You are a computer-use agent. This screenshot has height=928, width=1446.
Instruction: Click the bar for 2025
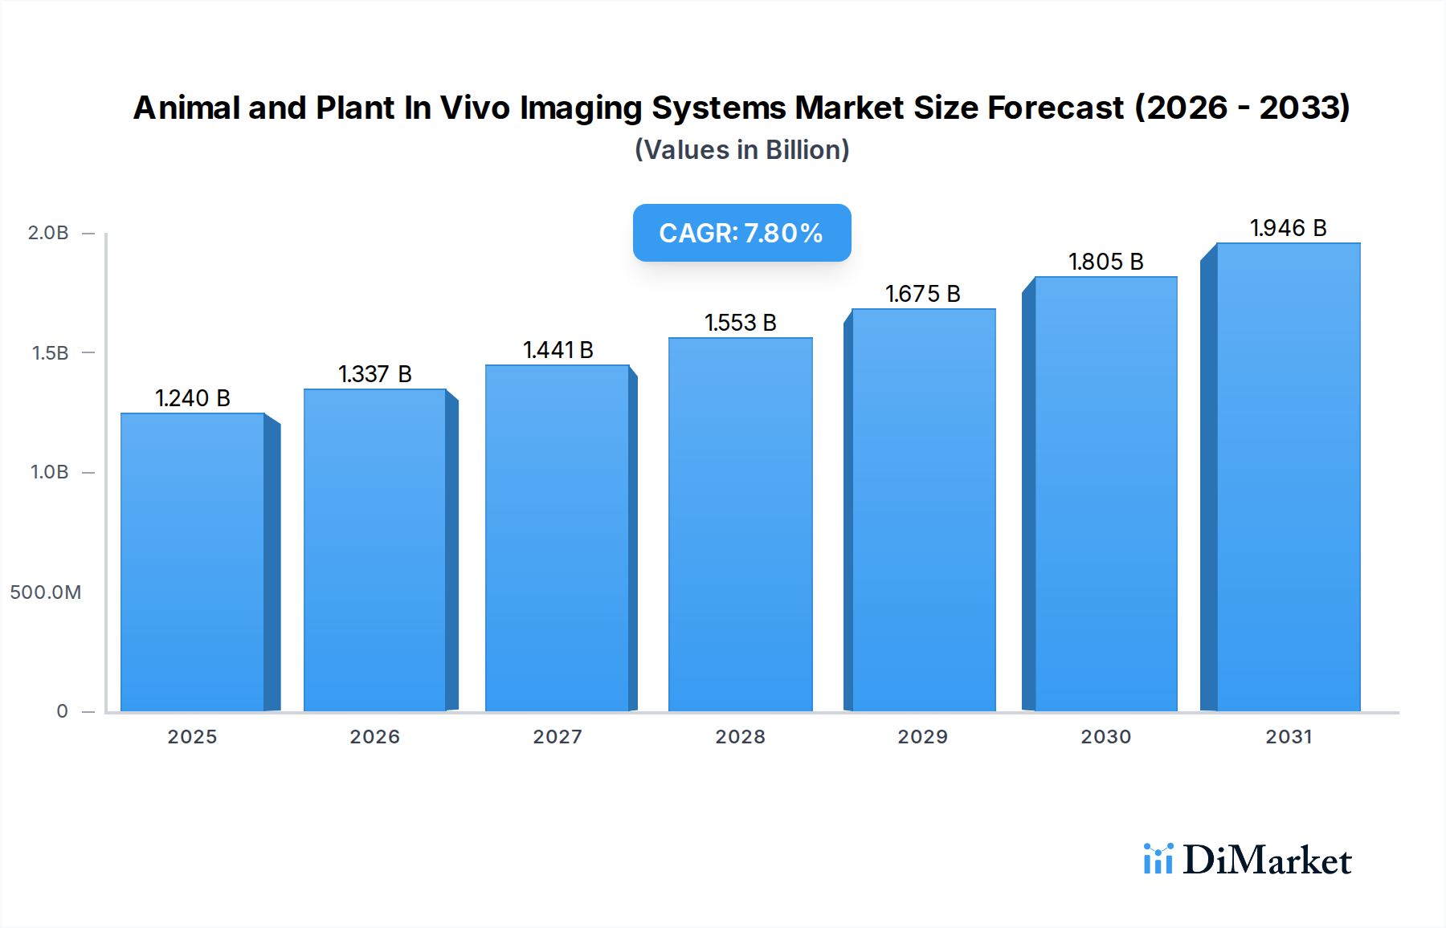(193, 562)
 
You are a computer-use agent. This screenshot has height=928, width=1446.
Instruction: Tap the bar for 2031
(1289, 477)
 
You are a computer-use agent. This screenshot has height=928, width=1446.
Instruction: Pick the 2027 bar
(557, 538)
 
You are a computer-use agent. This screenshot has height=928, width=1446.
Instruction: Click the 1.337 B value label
(375, 374)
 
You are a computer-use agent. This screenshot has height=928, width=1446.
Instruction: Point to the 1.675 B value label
(923, 294)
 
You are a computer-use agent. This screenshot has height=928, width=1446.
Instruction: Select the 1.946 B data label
(1289, 228)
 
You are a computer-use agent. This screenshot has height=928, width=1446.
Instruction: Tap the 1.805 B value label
(1106, 262)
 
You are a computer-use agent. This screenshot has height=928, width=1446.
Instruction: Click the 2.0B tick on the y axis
(48, 233)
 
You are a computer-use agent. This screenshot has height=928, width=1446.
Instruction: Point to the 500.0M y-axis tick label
(46, 592)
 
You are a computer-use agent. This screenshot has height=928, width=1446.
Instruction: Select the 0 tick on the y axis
(62, 711)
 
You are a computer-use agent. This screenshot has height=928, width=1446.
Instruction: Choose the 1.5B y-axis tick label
(50, 353)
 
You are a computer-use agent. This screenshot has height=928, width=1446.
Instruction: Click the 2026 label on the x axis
(375, 737)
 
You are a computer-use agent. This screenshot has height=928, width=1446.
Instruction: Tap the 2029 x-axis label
(923, 737)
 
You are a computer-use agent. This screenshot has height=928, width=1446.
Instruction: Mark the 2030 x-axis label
(1106, 737)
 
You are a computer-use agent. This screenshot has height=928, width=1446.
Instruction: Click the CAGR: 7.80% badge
(741, 233)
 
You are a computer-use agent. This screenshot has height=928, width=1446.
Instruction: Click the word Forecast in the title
(1055, 108)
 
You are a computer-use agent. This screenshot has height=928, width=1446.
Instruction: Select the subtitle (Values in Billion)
(741, 150)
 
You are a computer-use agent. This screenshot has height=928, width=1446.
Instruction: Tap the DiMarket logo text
(1267, 861)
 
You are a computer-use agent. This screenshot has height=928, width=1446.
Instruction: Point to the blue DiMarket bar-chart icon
(1158, 859)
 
